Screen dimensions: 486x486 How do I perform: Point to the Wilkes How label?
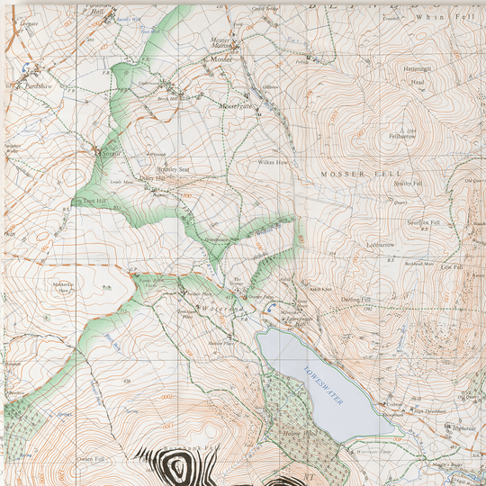[272, 163]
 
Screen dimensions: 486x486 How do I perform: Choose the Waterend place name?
[220, 309]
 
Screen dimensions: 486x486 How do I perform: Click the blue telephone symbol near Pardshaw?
[33, 70]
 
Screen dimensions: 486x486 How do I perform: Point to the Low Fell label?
[451, 267]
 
